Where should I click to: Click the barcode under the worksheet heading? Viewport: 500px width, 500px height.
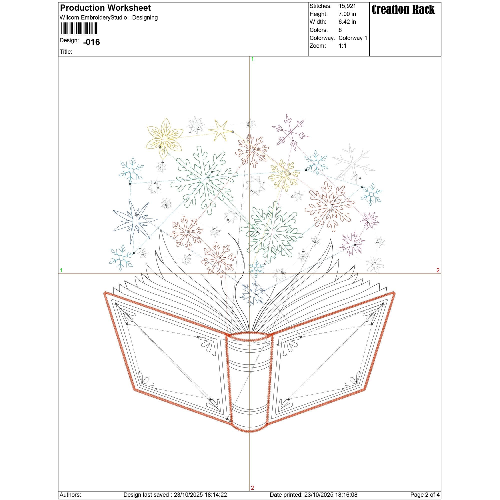(x=79, y=28)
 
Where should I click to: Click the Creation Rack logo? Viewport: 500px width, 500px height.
(x=403, y=9)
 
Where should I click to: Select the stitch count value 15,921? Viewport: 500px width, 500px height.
(x=347, y=6)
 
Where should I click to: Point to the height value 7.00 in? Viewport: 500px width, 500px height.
(x=347, y=14)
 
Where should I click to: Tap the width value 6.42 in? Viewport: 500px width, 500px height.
(x=347, y=22)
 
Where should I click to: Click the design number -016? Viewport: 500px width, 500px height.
(x=91, y=42)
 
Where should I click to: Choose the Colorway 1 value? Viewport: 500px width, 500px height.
(x=353, y=38)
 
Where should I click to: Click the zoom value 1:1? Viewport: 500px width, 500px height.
(x=342, y=46)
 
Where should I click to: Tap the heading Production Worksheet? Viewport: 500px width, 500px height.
(x=105, y=8)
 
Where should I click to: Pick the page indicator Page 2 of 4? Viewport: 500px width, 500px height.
(x=425, y=494)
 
